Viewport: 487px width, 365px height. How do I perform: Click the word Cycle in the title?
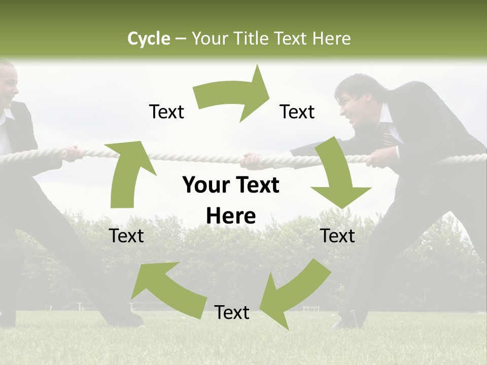(x=149, y=39)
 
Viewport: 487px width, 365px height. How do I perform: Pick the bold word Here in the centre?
(x=231, y=216)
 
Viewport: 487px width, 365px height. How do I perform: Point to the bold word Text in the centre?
(x=256, y=186)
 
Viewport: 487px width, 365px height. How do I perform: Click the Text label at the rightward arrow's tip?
(x=297, y=112)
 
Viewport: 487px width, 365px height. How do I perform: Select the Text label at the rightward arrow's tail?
(x=166, y=112)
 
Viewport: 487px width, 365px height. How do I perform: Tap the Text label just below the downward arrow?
(x=338, y=236)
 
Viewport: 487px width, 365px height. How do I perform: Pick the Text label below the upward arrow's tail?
(x=126, y=236)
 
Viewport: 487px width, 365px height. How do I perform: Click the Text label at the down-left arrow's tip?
(x=232, y=312)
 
